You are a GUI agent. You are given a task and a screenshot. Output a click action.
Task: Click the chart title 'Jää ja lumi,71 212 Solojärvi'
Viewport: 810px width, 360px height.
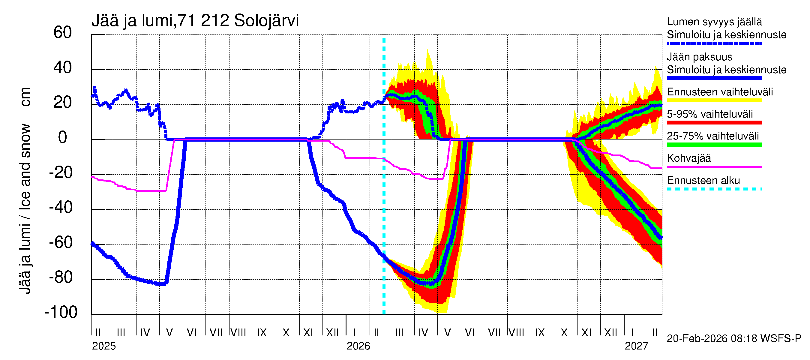coord(195,21)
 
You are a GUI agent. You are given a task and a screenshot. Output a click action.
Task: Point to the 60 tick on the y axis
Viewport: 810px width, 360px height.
coord(63,32)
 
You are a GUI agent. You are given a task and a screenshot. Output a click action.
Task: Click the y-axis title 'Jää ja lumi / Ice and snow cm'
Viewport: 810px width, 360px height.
coord(25,190)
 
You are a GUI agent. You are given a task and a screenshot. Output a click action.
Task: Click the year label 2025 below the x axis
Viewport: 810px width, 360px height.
coord(104,346)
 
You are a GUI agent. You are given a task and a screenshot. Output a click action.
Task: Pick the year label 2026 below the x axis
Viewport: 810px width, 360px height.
coord(358,346)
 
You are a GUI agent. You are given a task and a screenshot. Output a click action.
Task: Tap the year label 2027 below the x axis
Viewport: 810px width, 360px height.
coord(636,346)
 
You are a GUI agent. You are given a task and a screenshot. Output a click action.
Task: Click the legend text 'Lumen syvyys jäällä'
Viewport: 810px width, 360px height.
coord(714,22)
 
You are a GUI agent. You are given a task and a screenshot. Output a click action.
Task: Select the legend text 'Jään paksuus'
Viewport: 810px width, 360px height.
coord(699,57)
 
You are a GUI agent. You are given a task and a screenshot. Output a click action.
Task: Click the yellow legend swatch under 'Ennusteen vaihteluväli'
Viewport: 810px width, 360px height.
coord(714,100)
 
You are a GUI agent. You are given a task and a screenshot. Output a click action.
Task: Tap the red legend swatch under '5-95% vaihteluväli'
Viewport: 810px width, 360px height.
coord(714,123)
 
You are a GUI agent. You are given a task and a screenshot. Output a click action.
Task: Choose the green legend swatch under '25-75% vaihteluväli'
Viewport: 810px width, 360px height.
coord(714,145)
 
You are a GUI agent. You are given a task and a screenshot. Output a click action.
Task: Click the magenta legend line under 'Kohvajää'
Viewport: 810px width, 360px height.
coord(714,166)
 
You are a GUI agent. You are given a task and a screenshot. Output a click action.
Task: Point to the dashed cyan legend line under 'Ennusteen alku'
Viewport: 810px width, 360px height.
coord(714,189)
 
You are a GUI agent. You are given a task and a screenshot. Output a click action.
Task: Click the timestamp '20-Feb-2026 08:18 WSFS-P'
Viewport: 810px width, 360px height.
coord(734,338)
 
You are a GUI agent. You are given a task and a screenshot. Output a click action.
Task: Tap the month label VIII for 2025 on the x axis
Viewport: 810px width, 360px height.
coord(238,332)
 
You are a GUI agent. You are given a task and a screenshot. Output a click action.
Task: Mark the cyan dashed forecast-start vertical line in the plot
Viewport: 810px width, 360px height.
coord(384,189)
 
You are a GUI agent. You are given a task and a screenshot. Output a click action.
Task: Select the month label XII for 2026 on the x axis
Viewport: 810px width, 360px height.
coord(610,332)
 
